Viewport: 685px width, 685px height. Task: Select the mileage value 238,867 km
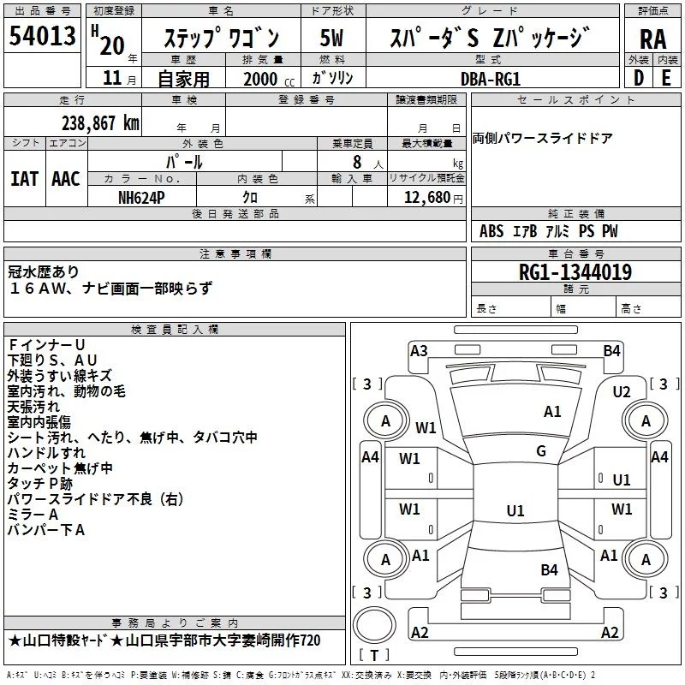[101, 122]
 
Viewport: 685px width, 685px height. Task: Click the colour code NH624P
[142, 196]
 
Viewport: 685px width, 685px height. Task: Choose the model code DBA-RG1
[490, 78]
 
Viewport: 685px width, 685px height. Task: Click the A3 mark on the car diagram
[419, 349]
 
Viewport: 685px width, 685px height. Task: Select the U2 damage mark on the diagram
[622, 391]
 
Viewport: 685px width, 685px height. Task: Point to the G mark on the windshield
[541, 451]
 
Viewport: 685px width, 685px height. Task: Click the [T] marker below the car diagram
[375, 655]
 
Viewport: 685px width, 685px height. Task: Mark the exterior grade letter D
[638, 77]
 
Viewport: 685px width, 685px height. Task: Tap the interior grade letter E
[666, 77]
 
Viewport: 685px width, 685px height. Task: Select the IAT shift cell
[25, 179]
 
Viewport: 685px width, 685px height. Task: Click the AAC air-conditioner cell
[66, 179]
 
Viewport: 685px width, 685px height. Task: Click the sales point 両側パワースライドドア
[542, 138]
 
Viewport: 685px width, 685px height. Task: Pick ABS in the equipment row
[491, 231]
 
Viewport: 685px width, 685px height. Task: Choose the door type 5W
[331, 37]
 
